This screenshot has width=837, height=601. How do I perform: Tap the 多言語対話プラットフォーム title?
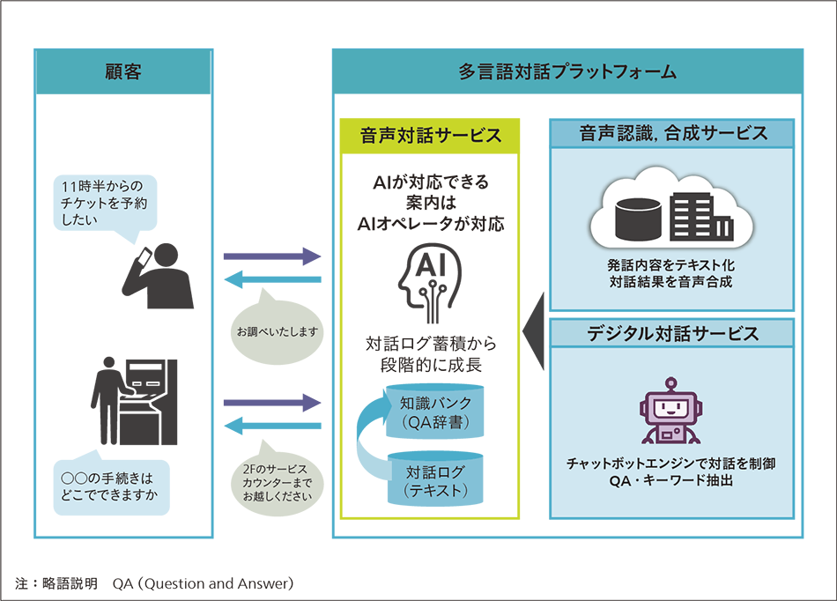(x=567, y=72)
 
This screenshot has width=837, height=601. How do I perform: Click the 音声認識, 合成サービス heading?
(x=673, y=133)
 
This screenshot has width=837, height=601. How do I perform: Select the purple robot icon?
(x=671, y=412)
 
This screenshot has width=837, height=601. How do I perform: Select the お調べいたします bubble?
(x=275, y=331)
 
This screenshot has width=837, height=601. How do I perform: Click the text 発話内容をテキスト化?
(x=671, y=265)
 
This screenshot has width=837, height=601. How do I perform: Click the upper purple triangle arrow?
(x=274, y=234)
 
